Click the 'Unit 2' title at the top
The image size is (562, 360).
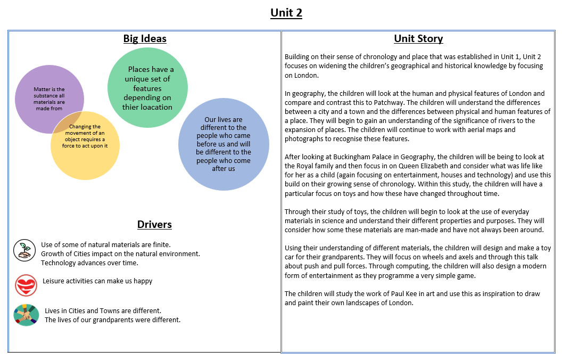click(286, 13)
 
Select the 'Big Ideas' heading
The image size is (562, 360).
click(145, 38)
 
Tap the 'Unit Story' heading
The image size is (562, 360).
click(418, 38)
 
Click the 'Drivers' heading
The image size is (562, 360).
click(154, 224)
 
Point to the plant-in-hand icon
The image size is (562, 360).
click(24, 250)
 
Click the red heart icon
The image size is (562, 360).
click(26, 285)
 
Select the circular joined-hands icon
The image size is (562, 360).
click(26, 315)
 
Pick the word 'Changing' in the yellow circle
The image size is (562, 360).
click(80, 127)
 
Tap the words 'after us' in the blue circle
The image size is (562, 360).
click(224, 168)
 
